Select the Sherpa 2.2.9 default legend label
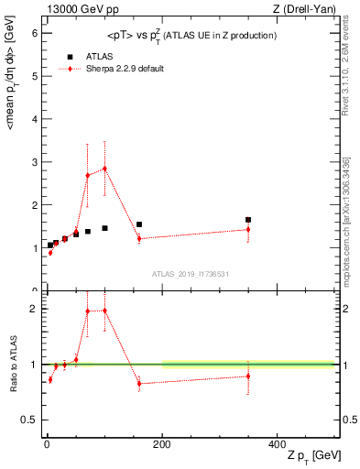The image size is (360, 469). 125,69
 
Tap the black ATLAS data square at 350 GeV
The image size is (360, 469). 248,220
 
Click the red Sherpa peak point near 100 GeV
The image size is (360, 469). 104,169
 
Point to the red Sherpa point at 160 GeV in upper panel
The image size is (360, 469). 139,238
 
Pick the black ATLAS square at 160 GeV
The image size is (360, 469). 139,224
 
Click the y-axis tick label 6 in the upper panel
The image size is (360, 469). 35,33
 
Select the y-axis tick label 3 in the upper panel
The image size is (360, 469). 35,162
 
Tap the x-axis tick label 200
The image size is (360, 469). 162,443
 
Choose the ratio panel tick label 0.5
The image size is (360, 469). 30,420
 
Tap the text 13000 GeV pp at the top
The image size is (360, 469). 80,9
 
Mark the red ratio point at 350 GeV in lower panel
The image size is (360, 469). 248,376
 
